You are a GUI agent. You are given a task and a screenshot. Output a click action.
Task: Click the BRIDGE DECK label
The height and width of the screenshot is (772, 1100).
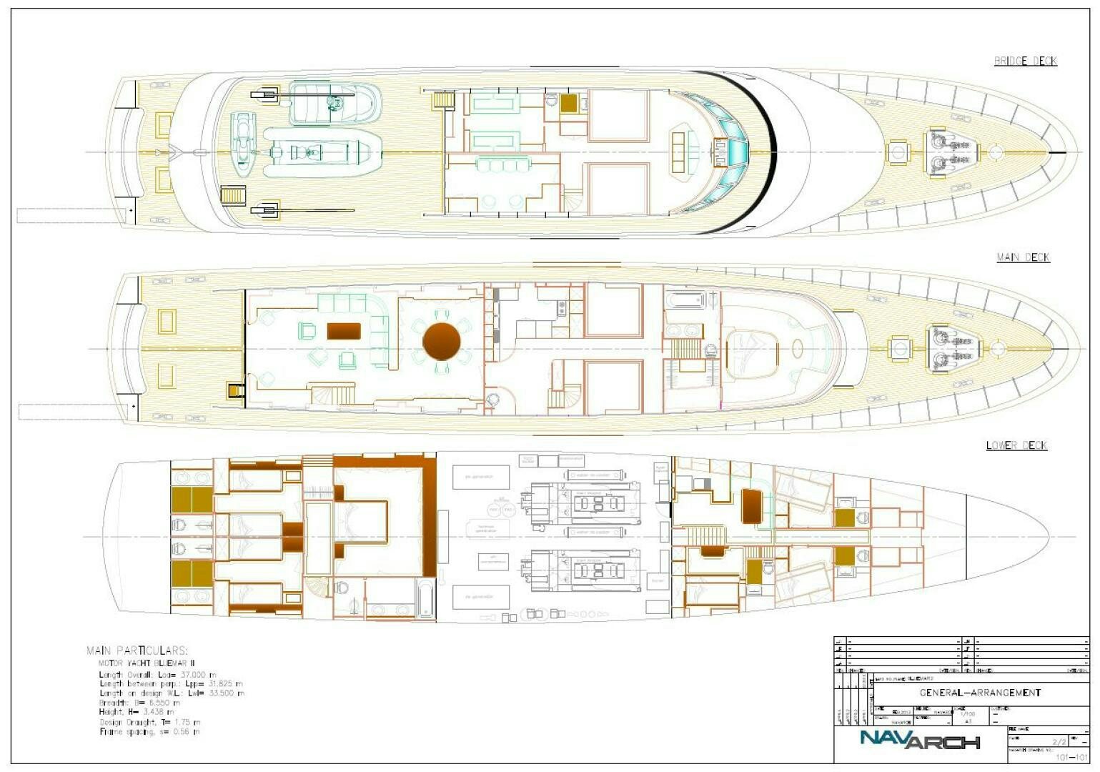click(x=1025, y=61)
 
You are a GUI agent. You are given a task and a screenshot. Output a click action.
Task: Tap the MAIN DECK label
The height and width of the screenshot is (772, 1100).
click(x=1023, y=257)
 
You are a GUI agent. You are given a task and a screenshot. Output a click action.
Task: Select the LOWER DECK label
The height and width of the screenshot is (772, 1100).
click(x=1016, y=445)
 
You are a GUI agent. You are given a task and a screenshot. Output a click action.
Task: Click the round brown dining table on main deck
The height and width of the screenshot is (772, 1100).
click(x=441, y=341)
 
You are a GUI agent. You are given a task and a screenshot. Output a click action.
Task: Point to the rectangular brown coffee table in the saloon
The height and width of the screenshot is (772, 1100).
click(x=344, y=331)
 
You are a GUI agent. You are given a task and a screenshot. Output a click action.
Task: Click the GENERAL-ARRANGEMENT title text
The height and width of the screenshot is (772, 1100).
click(x=979, y=693)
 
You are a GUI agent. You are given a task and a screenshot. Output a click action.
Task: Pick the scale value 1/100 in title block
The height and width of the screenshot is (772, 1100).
click(x=966, y=713)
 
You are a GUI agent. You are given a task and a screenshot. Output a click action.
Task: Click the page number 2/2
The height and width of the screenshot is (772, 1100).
click(x=1059, y=742)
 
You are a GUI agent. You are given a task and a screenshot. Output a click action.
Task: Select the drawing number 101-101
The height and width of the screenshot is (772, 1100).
click(x=1071, y=757)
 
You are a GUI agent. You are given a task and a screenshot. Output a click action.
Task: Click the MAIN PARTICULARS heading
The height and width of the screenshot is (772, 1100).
click(x=137, y=650)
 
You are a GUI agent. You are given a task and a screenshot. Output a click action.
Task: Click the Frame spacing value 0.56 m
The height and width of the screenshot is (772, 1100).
click(x=186, y=731)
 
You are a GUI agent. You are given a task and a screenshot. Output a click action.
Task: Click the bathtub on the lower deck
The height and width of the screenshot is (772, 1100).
click(x=425, y=598)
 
